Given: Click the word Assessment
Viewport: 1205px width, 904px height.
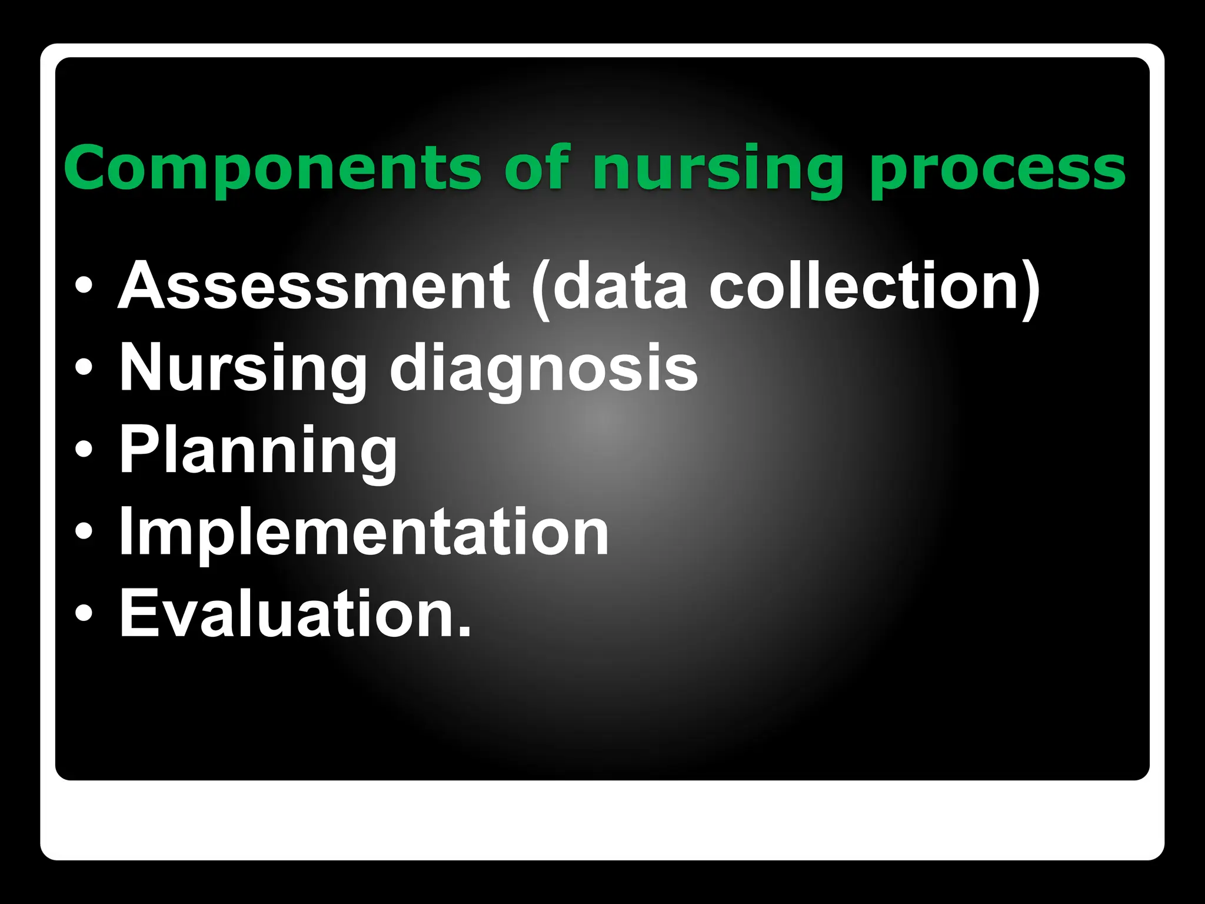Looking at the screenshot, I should tap(314, 287).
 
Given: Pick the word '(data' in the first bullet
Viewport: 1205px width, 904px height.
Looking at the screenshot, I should tap(609, 287).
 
